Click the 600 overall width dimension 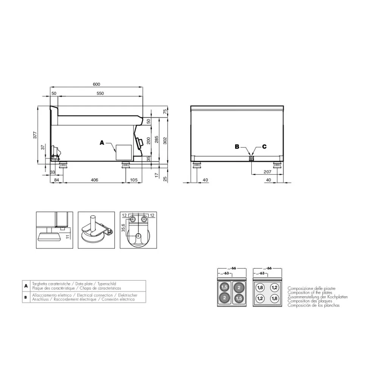pyautogui.click(x=96, y=84)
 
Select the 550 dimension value pyautogui.click(x=100, y=93)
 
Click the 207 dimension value pyautogui.click(x=267, y=172)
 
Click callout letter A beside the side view pyautogui.click(x=101, y=143)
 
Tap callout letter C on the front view pyautogui.click(x=264, y=147)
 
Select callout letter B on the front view pyautogui.click(x=237, y=147)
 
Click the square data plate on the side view pyautogui.click(x=123, y=152)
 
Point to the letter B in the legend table pyautogui.click(x=26, y=297)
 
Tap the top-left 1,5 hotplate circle pyautogui.click(x=225, y=287)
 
